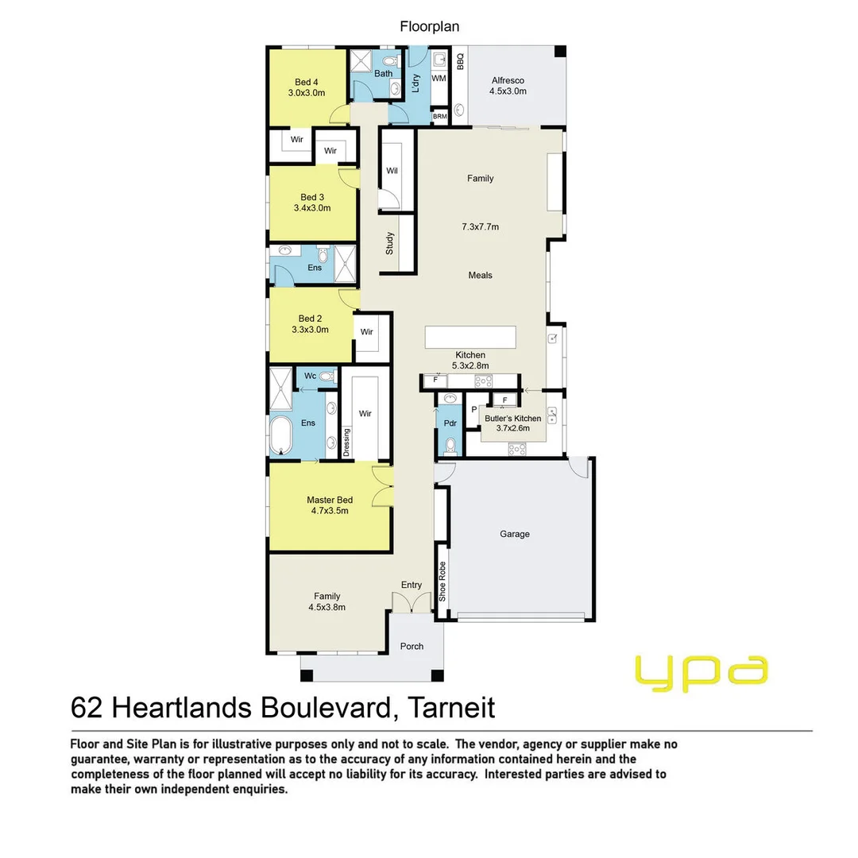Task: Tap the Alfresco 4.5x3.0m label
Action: coord(508,86)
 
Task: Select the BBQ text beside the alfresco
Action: coord(460,60)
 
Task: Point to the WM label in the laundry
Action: coord(439,78)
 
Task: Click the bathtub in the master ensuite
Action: coord(280,435)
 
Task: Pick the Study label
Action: coord(389,243)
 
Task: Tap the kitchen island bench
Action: coord(470,337)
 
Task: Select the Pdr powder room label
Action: coord(450,423)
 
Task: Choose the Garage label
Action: coord(514,534)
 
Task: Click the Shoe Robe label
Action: coord(443,582)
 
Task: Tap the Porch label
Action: coord(412,646)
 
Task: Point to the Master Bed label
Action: coord(330,500)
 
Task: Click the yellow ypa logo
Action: coord(701,673)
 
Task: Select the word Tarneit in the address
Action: coord(451,708)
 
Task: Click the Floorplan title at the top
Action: coord(430,26)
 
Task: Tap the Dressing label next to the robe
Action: coord(346,443)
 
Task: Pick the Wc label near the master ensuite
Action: coord(311,376)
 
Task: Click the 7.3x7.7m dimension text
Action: coord(481,226)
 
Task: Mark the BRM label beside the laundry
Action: coord(440,117)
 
